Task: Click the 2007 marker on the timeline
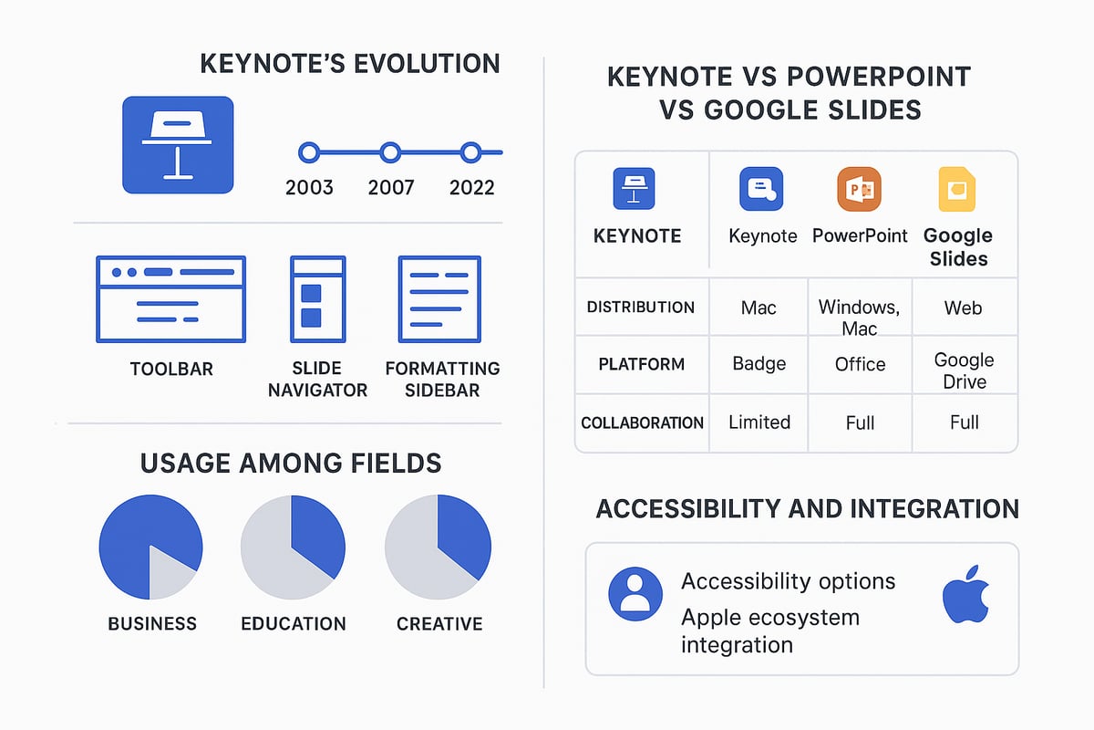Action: (x=390, y=152)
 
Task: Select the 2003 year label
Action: (x=309, y=188)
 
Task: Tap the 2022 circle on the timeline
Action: (x=470, y=152)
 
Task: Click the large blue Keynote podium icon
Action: (x=178, y=145)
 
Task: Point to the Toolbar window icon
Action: (x=170, y=299)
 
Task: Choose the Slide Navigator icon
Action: (x=317, y=299)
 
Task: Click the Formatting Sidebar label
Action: (x=442, y=380)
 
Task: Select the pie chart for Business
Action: (x=150, y=547)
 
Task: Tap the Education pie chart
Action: (x=293, y=547)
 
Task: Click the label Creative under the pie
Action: (x=439, y=624)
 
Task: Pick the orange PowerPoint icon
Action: (x=859, y=190)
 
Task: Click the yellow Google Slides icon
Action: (x=957, y=190)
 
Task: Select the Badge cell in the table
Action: (x=759, y=364)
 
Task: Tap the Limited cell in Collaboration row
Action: (x=759, y=422)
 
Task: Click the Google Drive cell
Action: (x=964, y=370)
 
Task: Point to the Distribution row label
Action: (x=641, y=308)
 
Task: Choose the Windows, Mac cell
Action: (x=859, y=317)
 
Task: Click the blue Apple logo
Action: (x=965, y=594)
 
